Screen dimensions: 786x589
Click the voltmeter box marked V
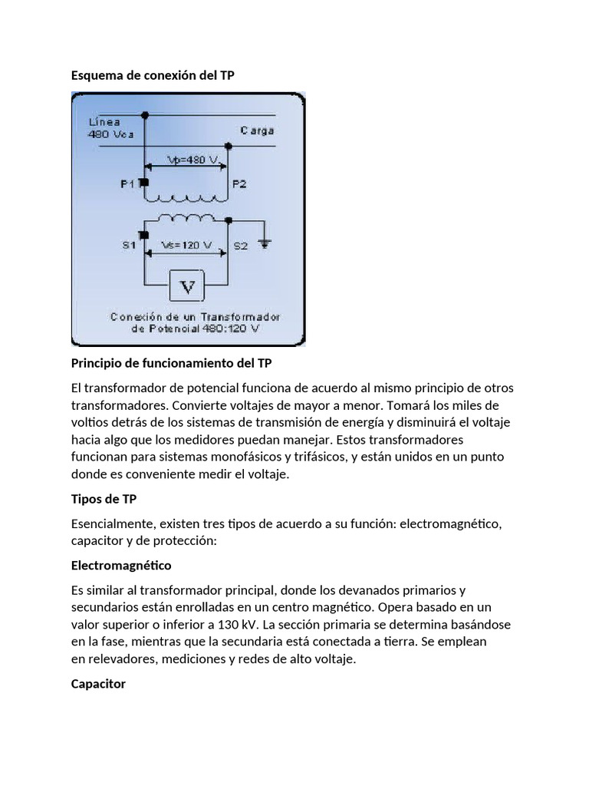click(187, 289)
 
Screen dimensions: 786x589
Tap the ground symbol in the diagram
click(265, 243)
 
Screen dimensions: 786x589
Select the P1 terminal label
click(128, 183)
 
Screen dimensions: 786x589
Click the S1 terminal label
click(128, 246)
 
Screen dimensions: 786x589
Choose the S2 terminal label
click(241, 246)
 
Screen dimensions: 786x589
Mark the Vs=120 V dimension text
click(186, 246)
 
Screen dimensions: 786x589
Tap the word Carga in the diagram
click(257, 130)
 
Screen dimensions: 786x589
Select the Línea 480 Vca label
click(105, 127)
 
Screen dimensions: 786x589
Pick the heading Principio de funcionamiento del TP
click(171, 362)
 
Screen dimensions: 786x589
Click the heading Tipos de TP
click(104, 499)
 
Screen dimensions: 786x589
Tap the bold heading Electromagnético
click(121, 566)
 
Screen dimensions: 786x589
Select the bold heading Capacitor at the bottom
click(98, 683)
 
